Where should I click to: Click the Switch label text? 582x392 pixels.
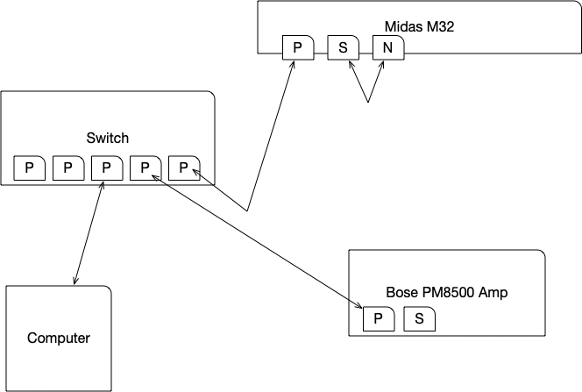click(x=108, y=138)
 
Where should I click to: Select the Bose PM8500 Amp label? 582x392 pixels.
click(x=447, y=292)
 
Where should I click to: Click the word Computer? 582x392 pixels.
click(x=59, y=338)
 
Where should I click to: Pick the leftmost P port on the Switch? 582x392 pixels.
click(x=29, y=167)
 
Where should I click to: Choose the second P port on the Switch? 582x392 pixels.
click(x=67, y=167)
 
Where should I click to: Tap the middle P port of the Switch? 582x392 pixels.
click(x=106, y=167)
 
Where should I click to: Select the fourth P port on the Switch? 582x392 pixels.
click(x=145, y=167)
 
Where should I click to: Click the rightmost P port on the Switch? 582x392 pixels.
click(x=183, y=167)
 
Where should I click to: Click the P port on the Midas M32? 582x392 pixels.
click(x=297, y=48)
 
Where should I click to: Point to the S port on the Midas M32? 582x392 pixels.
click(x=343, y=48)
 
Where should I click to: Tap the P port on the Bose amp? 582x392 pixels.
click(x=378, y=319)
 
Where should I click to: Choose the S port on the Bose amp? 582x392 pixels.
click(x=420, y=319)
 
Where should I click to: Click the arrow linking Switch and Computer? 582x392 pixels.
click(x=89, y=232)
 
